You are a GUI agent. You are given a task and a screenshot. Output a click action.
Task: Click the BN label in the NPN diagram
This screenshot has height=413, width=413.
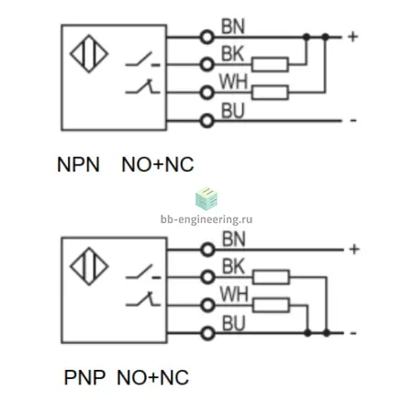[x=233, y=27]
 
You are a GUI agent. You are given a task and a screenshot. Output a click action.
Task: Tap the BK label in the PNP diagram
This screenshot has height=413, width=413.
[x=234, y=266]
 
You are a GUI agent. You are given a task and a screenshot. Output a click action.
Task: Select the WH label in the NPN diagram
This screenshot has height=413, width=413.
[x=233, y=82]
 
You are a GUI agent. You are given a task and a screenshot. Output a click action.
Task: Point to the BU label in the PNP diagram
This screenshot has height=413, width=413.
[x=234, y=323]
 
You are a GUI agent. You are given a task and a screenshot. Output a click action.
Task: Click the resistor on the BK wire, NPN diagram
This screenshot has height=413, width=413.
[x=270, y=64]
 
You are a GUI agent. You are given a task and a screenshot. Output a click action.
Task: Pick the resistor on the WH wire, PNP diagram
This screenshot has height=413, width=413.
[x=271, y=306]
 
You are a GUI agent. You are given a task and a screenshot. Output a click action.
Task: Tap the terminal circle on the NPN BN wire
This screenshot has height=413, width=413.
[x=206, y=38]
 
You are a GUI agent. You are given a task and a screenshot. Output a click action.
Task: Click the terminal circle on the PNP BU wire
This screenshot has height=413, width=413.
[x=207, y=333]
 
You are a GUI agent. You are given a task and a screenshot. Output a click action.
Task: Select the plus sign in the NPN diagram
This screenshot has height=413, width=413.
[x=352, y=37]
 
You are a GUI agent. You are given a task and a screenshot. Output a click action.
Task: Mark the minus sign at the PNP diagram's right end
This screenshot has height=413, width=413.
[x=353, y=333]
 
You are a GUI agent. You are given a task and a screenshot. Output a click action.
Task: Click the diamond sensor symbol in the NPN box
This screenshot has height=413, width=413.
[x=89, y=54]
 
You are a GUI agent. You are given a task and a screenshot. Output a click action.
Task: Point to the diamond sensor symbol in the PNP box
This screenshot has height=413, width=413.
[x=89, y=266]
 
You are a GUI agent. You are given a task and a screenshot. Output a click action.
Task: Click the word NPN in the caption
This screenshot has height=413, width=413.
[x=78, y=164]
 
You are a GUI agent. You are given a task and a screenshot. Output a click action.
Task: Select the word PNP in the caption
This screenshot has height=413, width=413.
[x=84, y=377]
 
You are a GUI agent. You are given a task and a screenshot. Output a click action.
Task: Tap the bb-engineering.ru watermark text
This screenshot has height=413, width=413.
[x=206, y=219]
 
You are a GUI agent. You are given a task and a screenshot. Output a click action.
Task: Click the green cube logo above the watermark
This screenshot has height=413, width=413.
[x=206, y=199]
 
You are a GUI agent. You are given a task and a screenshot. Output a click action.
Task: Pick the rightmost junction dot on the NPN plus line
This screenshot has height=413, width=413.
[x=325, y=37]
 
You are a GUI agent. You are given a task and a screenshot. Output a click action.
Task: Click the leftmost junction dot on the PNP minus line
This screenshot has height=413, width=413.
[x=307, y=333]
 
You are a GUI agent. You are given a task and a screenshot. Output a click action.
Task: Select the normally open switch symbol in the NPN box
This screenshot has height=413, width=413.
[x=142, y=60]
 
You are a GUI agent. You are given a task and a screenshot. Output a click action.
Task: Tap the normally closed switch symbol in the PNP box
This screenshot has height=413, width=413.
[x=142, y=299]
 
